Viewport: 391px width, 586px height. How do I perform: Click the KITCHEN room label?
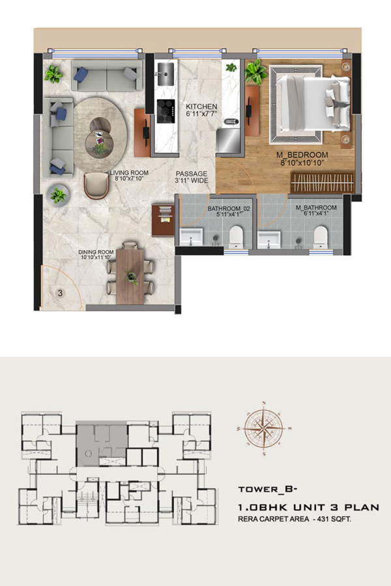coord(201,107)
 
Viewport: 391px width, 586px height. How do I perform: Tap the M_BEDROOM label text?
coord(302,155)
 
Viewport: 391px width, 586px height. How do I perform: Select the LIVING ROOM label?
coord(129,173)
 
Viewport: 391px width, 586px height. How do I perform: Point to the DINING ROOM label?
coord(96,252)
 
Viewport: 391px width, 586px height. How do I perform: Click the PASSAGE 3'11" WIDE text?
coord(192,177)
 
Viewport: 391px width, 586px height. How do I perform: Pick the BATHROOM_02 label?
coord(229,208)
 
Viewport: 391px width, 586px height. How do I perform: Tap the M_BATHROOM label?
coord(316,208)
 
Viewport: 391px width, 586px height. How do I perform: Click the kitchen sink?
coord(166,74)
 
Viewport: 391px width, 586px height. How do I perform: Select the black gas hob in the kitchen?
coord(166,111)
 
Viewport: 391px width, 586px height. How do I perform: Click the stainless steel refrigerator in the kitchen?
coord(229,140)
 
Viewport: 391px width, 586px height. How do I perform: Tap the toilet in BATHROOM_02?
coord(236,236)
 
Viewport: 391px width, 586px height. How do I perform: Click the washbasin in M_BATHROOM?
coord(268,240)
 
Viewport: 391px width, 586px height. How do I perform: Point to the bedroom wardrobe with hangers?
coord(322,182)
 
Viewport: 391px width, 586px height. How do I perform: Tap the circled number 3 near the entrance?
coord(60,293)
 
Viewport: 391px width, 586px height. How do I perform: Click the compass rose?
coord(264,428)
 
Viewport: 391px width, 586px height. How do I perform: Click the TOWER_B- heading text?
coord(268,489)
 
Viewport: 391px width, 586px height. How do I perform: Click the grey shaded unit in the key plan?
coord(102,443)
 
